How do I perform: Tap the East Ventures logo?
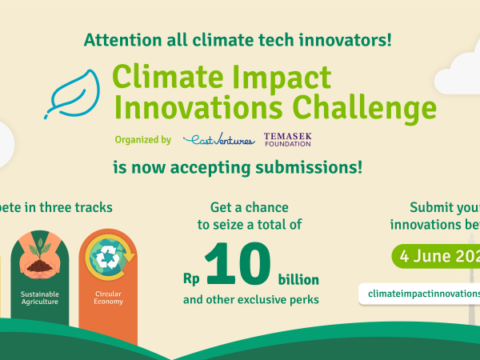pyautogui.click(x=218, y=140)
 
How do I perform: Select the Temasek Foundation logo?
pyautogui.click(x=288, y=140)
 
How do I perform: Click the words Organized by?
pyautogui.click(x=142, y=140)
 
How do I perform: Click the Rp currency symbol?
pyautogui.click(x=190, y=281)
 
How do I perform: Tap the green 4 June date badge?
pyautogui.click(x=436, y=258)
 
